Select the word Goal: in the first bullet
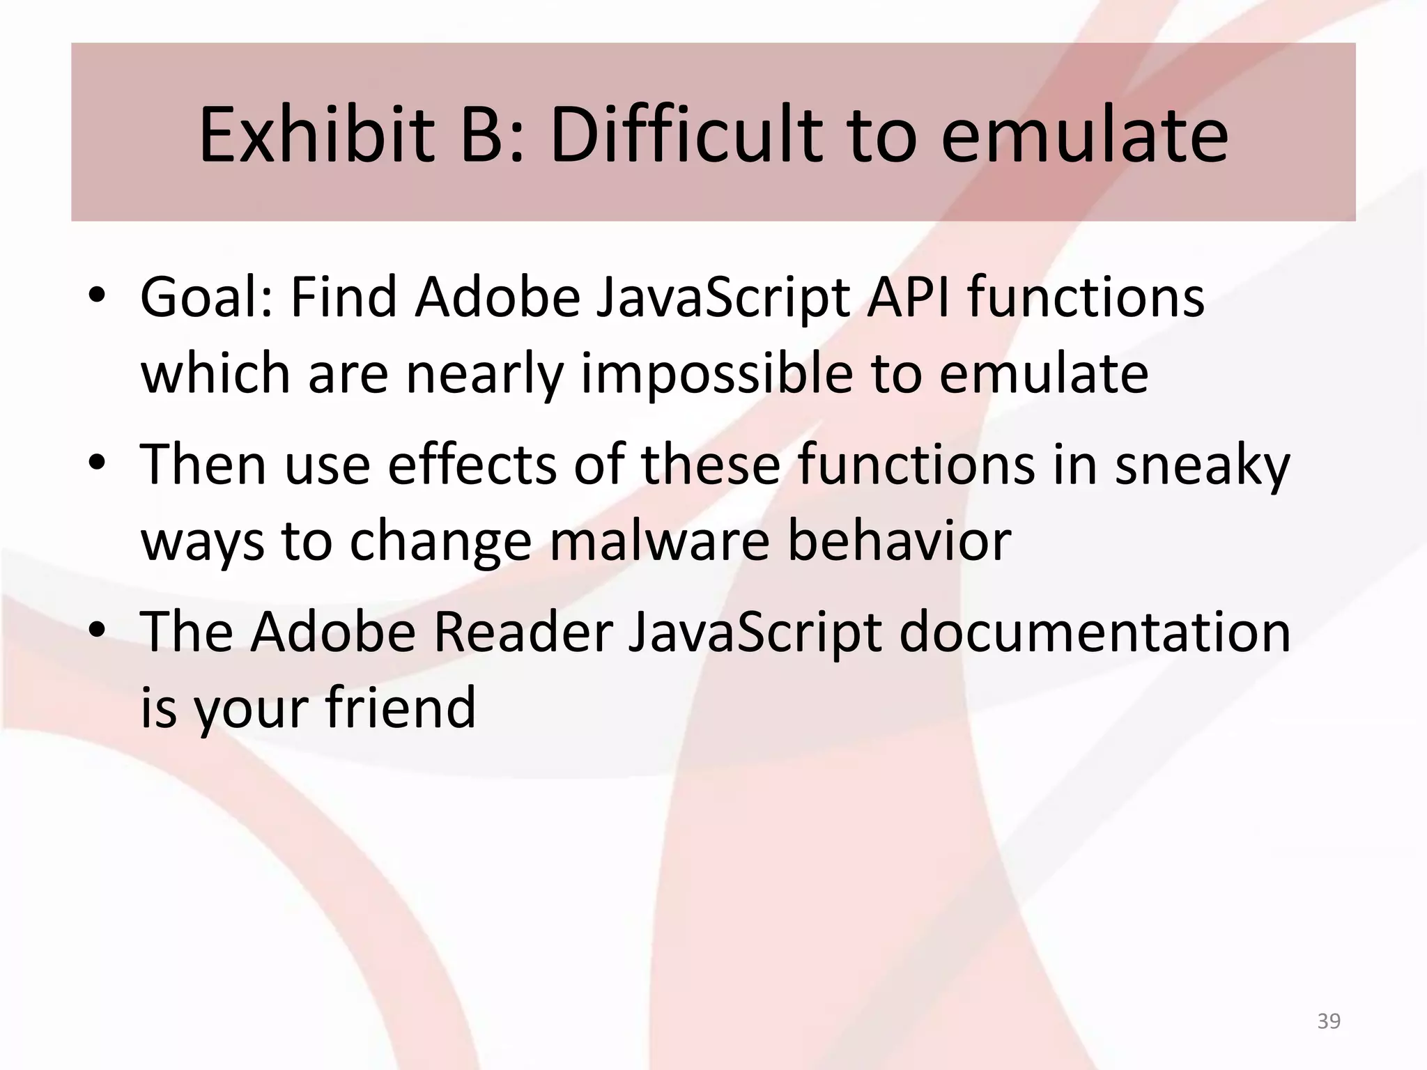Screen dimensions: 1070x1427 pos(206,298)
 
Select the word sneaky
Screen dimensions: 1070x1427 pos(1203,465)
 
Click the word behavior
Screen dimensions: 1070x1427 pos(899,541)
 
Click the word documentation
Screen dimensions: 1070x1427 pos(1095,632)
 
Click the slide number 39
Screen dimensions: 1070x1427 pos(1329,1021)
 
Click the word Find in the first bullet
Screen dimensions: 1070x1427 pos(343,298)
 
